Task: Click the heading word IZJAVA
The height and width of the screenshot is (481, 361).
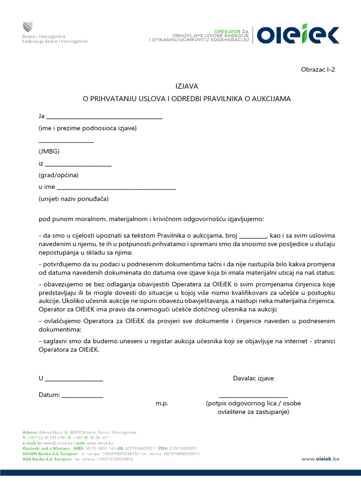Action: (x=187, y=86)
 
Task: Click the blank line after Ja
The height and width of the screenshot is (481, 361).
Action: (x=104, y=118)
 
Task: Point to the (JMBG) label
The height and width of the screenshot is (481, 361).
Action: (x=49, y=151)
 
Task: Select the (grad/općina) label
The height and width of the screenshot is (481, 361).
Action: (x=58, y=175)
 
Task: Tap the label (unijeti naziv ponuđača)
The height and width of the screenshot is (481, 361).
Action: (x=73, y=199)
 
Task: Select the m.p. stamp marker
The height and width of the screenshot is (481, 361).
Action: (x=162, y=403)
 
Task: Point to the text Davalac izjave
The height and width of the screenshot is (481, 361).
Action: (x=253, y=378)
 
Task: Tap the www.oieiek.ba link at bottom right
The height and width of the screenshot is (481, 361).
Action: (x=320, y=459)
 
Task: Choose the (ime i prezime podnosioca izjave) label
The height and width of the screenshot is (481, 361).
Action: (x=87, y=128)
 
